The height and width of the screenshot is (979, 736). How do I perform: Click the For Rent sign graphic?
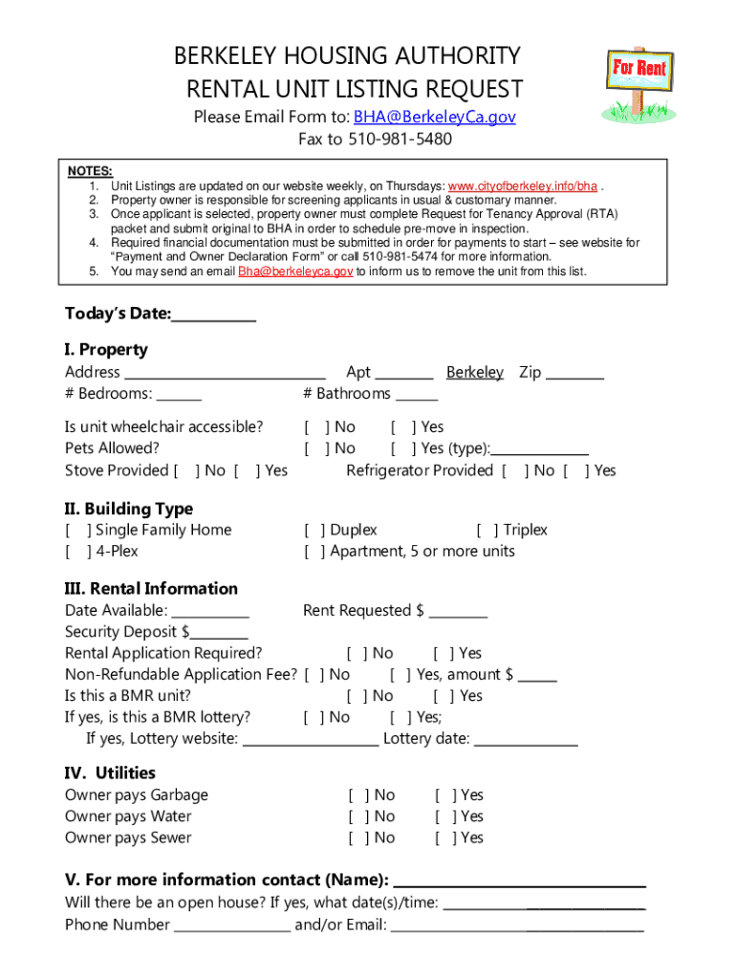[639, 83]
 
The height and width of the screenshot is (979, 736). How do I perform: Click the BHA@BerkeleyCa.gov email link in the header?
[434, 117]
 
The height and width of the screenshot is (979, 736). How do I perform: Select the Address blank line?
[226, 374]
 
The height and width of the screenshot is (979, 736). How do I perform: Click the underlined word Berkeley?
[474, 373]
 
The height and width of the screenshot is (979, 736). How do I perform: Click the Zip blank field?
[574, 374]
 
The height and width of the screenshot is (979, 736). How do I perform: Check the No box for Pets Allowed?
[316, 448]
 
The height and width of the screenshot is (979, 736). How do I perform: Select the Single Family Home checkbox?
[78, 531]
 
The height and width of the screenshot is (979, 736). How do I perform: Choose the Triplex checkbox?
[487, 531]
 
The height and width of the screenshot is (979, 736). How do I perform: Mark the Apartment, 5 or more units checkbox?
[315, 552]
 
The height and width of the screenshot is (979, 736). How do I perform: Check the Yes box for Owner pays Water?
[446, 817]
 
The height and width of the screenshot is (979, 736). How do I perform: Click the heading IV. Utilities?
[110, 773]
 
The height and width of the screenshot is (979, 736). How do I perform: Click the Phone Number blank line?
[232, 925]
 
